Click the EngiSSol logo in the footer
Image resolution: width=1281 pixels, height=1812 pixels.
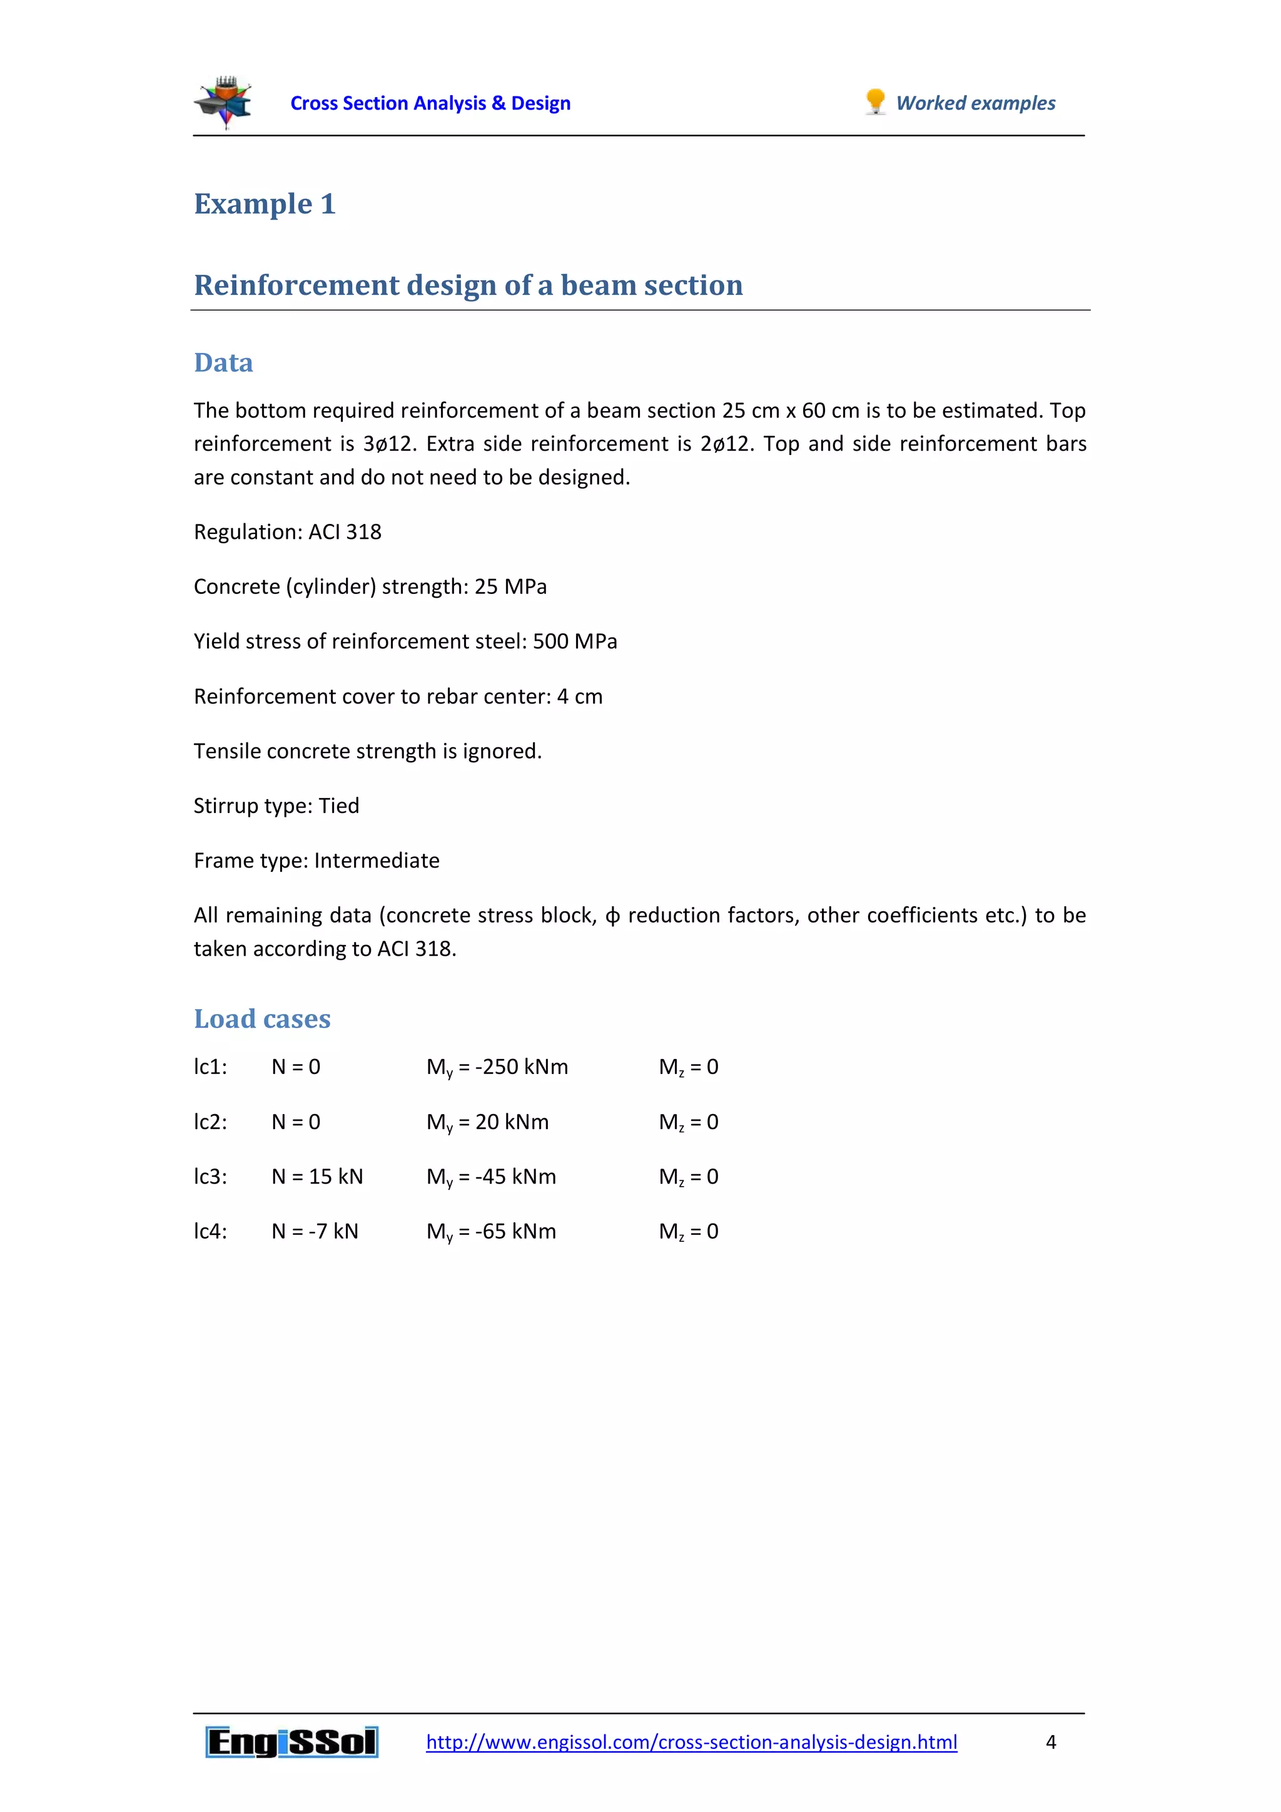click(292, 1742)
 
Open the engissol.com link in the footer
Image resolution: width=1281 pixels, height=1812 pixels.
click(691, 1742)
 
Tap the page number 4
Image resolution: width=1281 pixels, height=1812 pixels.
click(1050, 1742)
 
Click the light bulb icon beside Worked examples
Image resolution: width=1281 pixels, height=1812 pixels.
click(875, 102)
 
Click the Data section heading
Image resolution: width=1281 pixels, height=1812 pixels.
click(223, 363)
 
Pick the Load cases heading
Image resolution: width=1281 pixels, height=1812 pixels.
click(262, 1019)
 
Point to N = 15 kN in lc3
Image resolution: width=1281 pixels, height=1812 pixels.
click(317, 1177)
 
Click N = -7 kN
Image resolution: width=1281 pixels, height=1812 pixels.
click(315, 1231)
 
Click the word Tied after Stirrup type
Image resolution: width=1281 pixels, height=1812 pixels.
click(338, 806)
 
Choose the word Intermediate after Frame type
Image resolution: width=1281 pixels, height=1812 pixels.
click(377, 860)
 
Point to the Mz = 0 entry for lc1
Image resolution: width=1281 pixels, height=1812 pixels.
click(688, 1067)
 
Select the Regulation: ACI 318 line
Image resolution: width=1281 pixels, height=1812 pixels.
click(287, 532)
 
